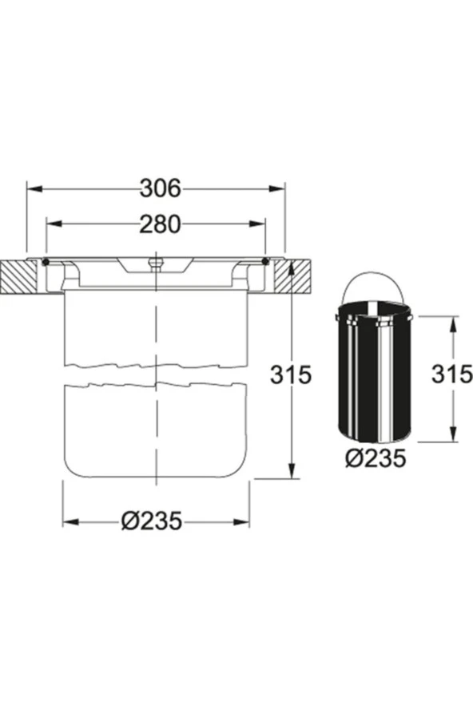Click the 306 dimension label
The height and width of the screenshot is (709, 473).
coord(160,188)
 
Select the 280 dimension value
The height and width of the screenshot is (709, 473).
coord(160,224)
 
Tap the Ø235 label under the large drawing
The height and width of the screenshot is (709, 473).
coord(152,521)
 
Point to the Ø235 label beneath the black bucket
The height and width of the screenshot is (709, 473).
coord(376,459)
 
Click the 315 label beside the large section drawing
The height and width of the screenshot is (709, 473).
coord(291,374)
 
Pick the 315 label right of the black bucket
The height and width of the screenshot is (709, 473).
coord(451,374)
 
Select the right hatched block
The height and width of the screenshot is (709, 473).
coord(292,277)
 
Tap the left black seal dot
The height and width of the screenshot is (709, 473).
coord(46,261)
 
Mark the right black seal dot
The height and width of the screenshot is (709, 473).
coord(266,260)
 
